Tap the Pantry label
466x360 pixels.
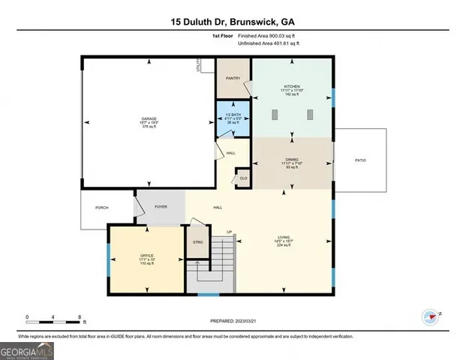233,77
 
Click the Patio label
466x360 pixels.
360,160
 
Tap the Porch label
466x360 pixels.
101,207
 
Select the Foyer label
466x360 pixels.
160,206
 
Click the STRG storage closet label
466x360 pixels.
198,241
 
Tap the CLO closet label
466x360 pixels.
243,178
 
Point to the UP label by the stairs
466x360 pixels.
230,232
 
